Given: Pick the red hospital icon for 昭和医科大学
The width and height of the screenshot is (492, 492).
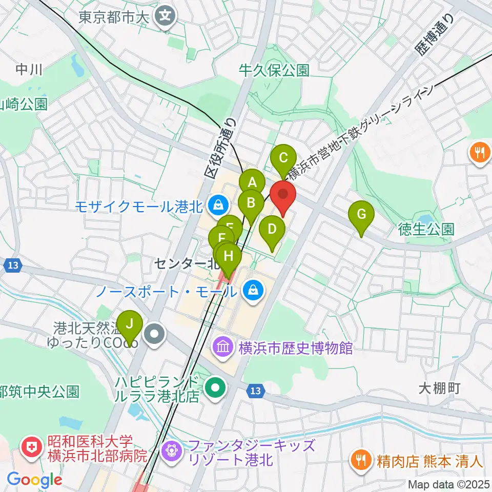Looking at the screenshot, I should (32, 447).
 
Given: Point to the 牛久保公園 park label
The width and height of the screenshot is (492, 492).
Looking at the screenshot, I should (275, 70).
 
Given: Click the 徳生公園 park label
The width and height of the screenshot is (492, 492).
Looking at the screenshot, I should (426, 229).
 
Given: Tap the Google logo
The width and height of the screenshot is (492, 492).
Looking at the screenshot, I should (34, 480).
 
